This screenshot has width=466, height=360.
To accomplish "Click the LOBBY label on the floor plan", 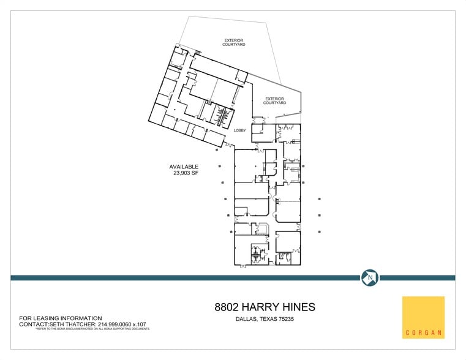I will (x=240, y=130).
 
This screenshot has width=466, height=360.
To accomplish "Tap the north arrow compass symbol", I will (x=369, y=277).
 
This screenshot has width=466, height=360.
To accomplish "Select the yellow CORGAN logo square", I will (x=423, y=317).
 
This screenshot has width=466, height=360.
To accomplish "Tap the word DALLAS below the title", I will (x=246, y=318).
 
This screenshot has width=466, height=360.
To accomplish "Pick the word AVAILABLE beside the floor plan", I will (x=184, y=167).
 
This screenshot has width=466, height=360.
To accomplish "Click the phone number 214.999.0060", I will (x=118, y=324).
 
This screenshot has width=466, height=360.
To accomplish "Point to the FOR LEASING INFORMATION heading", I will (x=61, y=318).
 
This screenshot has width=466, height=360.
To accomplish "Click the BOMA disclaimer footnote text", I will (x=92, y=329).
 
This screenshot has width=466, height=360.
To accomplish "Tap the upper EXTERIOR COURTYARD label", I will (x=235, y=43).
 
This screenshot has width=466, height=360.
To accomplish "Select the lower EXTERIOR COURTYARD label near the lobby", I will (x=275, y=100).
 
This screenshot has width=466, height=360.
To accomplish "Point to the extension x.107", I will (x=146, y=324).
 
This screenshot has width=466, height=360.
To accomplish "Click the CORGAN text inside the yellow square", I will (x=423, y=334).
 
